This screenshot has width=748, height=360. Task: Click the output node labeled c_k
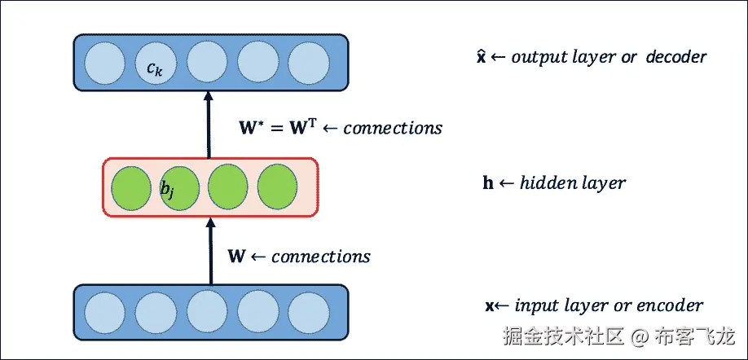(155, 63)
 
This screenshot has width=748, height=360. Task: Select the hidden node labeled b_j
(178, 188)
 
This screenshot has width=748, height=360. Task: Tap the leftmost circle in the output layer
(103, 63)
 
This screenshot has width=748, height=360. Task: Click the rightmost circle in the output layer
(308, 63)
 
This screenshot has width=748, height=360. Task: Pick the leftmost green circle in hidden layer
(130, 188)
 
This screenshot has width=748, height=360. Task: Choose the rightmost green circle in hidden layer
(278, 188)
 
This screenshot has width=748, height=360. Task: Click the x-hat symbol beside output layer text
(482, 57)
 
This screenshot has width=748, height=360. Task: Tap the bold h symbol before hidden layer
(488, 182)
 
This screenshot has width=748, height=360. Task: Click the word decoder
(676, 57)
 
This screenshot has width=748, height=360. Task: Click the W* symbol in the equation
(248, 128)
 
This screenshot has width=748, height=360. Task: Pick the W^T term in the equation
(297, 128)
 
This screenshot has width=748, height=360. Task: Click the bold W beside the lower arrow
(236, 257)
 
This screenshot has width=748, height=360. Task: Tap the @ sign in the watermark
(640, 336)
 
